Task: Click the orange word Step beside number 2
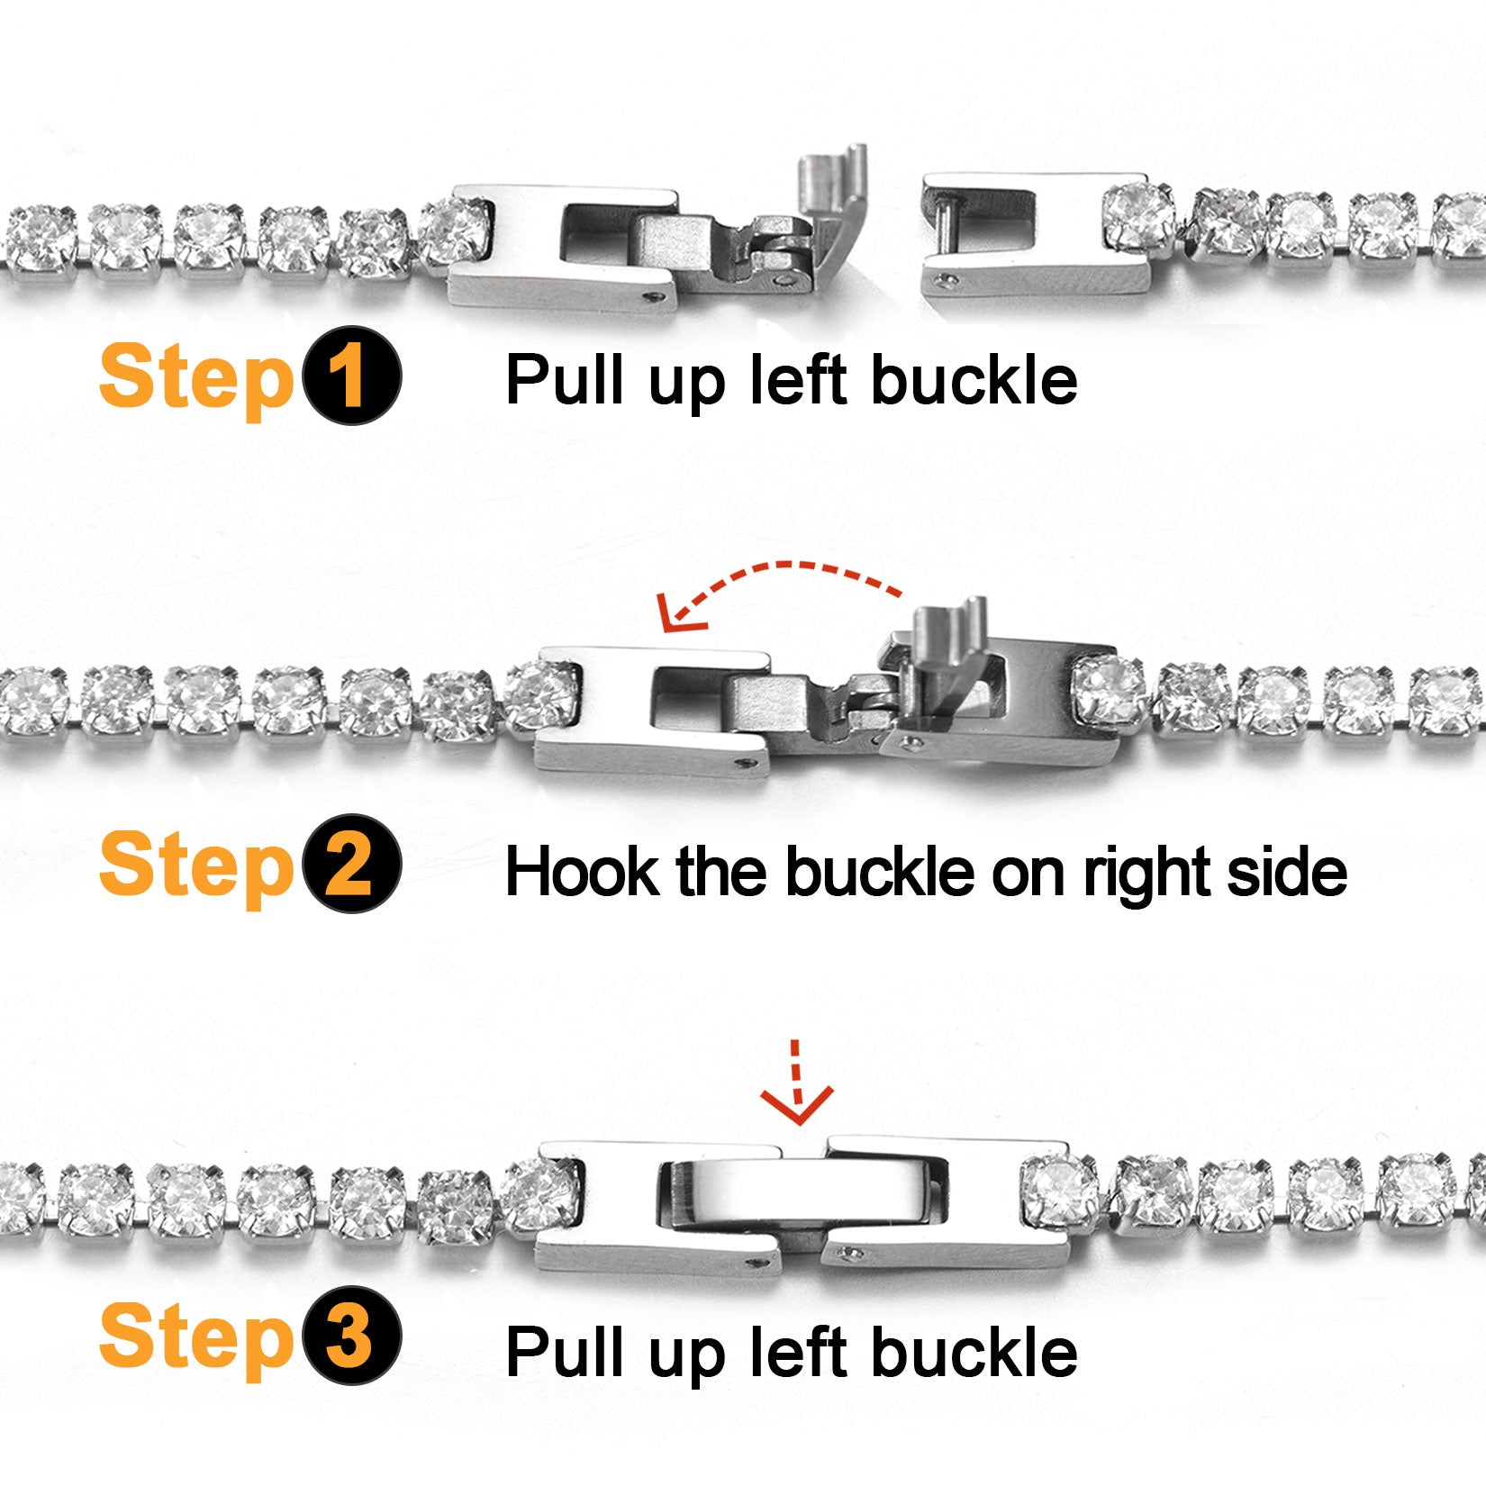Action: point(195,865)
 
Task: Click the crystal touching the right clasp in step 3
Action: point(1061,1191)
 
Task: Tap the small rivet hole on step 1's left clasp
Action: point(655,295)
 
